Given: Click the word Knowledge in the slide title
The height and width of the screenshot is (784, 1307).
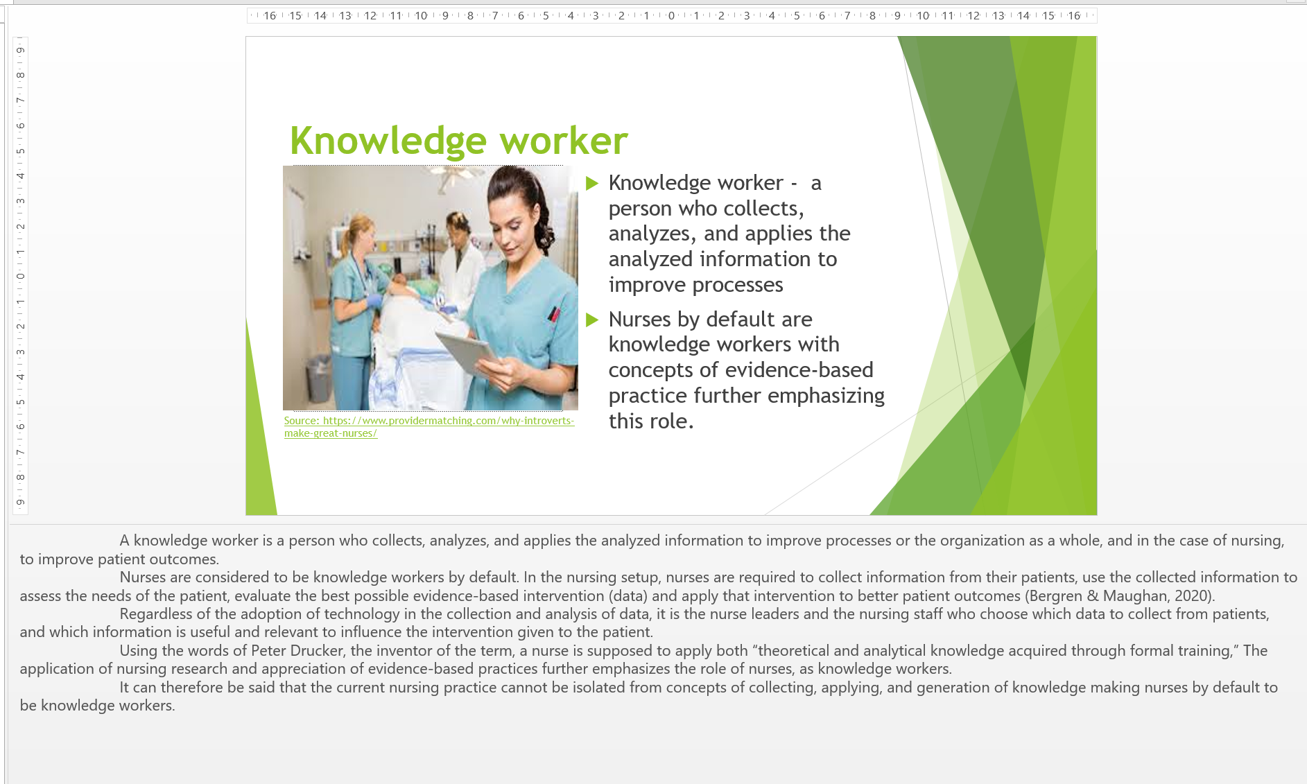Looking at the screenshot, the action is pyautogui.click(x=388, y=142).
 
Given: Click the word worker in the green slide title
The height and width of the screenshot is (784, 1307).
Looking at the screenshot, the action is pyautogui.click(x=564, y=141).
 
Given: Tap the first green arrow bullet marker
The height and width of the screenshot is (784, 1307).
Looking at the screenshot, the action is pyautogui.click(x=592, y=183).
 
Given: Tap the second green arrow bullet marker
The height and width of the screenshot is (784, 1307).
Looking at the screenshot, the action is pyautogui.click(x=592, y=320).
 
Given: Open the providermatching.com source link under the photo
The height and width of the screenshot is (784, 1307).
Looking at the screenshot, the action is pyautogui.click(x=429, y=426).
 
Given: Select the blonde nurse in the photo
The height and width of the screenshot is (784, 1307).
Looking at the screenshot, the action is pyautogui.click(x=354, y=305).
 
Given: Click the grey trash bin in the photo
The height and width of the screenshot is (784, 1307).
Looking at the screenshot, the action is pyautogui.click(x=318, y=378).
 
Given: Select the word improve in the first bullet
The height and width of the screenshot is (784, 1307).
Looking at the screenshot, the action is pyautogui.click(x=648, y=285).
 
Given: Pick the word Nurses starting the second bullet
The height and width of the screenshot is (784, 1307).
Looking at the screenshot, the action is pyautogui.click(x=640, y=320).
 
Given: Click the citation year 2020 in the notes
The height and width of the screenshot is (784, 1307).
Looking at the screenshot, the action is pyautogui.click(x=1192, y=596).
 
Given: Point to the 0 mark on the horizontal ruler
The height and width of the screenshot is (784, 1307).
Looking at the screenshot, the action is pyautogui.click(x=671, y=15).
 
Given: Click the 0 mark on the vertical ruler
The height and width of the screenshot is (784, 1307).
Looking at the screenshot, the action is pyautogui.click(x=21, y=276).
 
